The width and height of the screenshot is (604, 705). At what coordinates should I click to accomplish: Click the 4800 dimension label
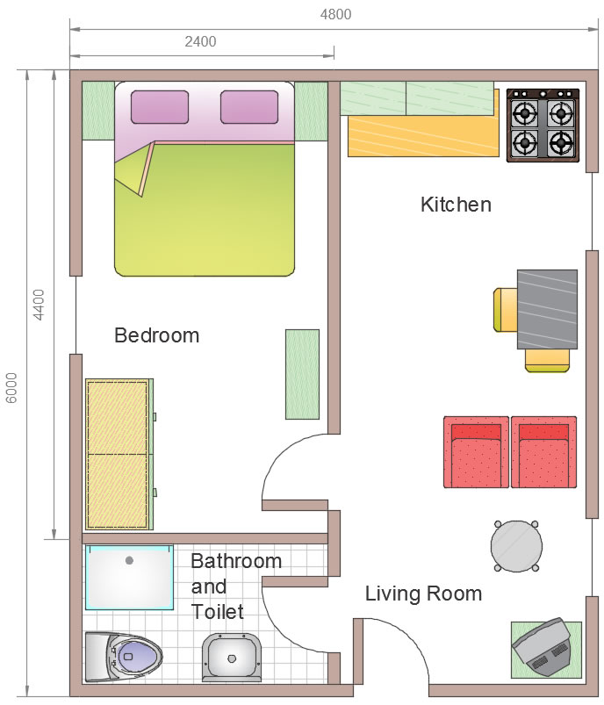tap(335, 14)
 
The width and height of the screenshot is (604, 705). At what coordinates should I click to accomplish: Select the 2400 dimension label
tap(200, 42)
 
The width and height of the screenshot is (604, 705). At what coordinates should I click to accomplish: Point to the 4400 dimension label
tap(40, 305)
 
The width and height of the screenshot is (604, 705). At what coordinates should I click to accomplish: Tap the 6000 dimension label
tap(11, 387)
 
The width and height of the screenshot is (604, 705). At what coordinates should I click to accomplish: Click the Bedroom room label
tap(156, 335)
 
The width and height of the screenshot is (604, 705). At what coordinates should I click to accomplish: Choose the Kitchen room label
tap(456, 205)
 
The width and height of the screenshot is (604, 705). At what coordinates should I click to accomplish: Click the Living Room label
tap(423, 593)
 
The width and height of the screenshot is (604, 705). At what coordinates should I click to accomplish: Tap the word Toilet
tap(217, 612)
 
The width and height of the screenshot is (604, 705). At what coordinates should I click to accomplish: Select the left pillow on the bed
tap(160, 107)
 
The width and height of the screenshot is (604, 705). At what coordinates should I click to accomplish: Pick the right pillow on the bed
tap(249, 107)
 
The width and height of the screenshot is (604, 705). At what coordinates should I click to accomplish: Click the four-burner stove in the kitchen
tap(543, 125)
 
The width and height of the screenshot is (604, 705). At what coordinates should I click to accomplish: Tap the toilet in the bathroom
tap(123, 657)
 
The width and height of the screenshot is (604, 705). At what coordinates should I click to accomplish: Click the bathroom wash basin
tap(232, 658)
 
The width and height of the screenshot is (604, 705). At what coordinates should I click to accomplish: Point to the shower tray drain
tap(130, 560)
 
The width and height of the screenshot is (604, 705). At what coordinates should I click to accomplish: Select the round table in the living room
tap(516, 546)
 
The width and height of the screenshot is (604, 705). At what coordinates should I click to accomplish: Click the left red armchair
tap(477, 452)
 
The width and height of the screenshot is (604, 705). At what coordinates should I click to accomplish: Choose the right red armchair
tap(543, 452)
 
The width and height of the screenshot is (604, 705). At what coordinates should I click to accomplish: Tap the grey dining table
tap(547, 309)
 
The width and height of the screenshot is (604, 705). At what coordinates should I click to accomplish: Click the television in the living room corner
tap(543, 647)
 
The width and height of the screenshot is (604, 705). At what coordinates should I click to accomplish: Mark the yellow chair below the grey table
tap(547, 361)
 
